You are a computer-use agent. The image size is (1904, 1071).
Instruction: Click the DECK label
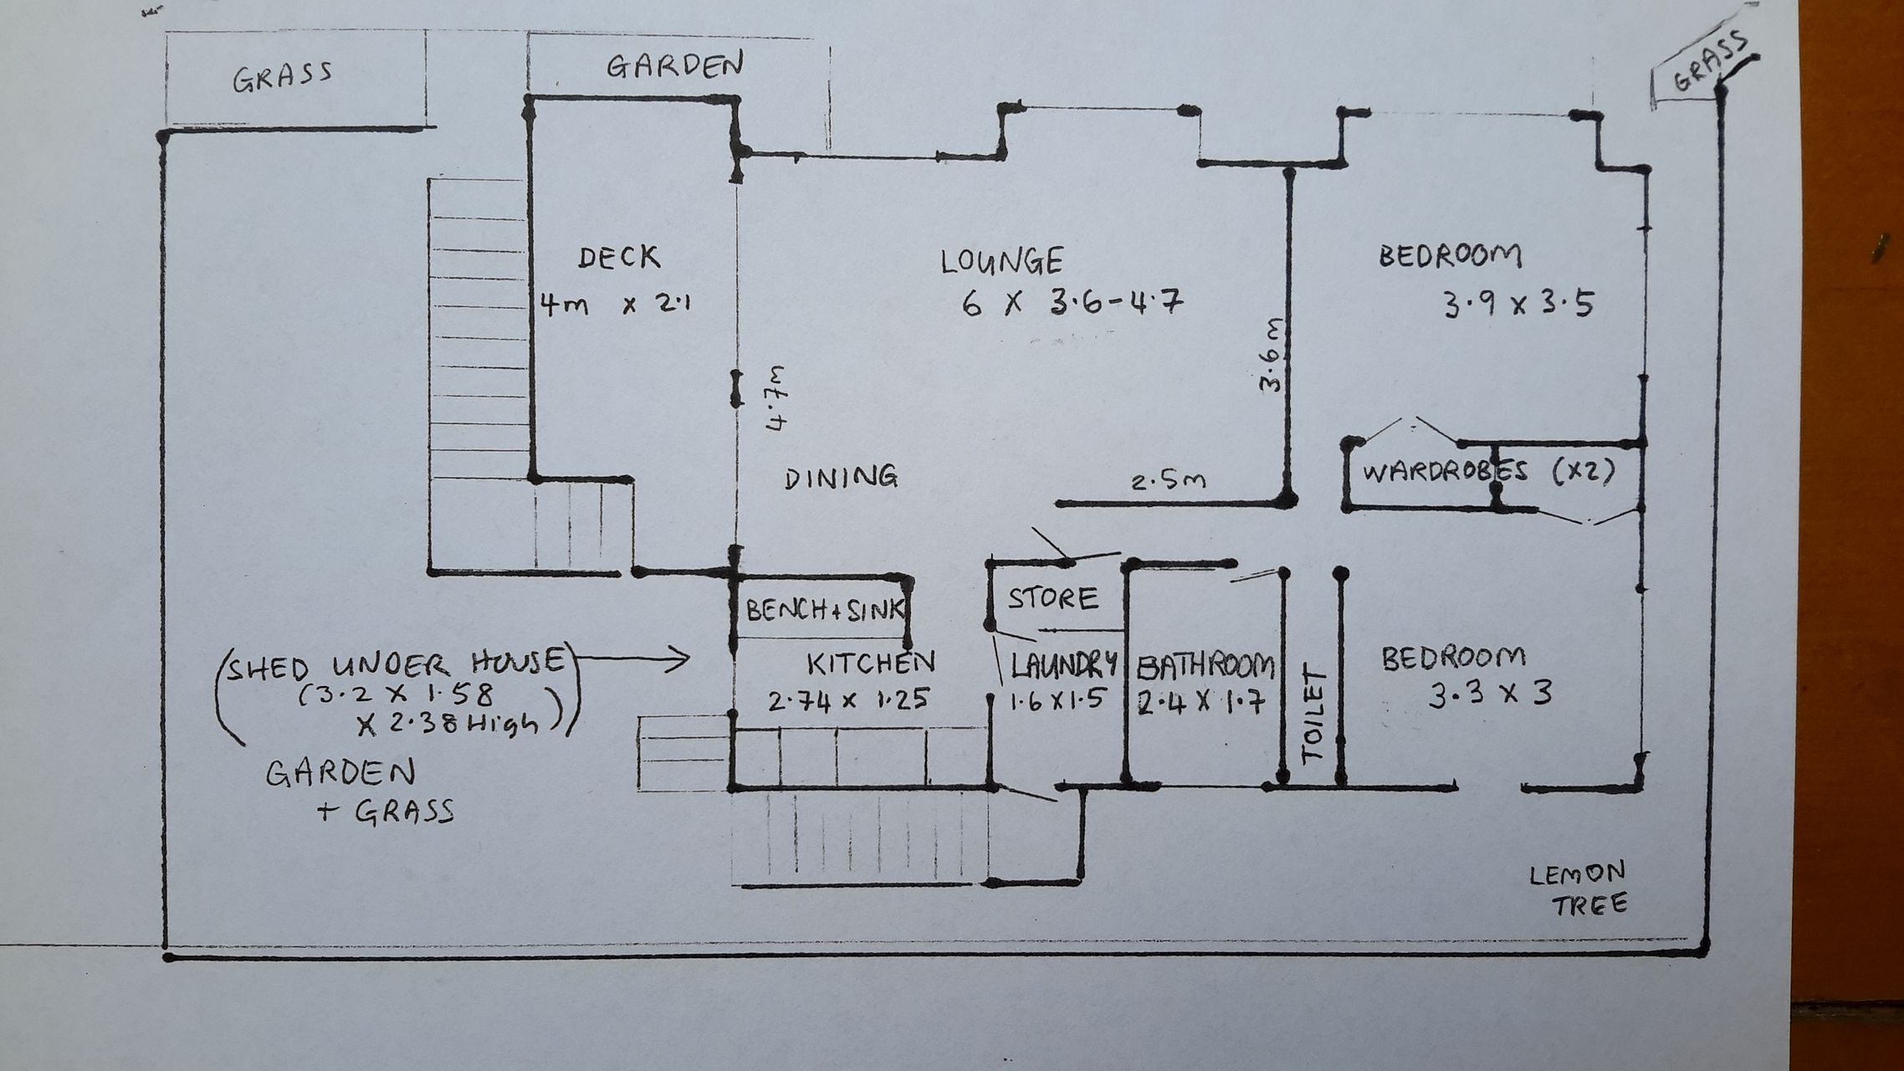[619, 257]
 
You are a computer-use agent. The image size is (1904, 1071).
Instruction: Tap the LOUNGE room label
[1001, 261]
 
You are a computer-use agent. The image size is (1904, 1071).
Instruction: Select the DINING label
[842, 477]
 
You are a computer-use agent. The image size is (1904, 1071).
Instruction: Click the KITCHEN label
[870, 663]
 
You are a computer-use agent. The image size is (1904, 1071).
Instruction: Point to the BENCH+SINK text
[824, 610]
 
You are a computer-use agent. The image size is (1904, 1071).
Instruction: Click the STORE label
[1052, 598]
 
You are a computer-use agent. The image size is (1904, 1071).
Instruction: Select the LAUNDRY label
[1063, 665]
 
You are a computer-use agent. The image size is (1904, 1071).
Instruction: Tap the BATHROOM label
[1205, 667]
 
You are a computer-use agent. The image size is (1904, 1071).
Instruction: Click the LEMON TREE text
[1578, 889]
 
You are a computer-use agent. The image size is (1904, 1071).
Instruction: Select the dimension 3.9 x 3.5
[1518, 305]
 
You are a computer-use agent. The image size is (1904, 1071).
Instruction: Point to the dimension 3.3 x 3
[1489, 694]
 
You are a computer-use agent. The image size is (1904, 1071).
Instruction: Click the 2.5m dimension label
[1169, 482]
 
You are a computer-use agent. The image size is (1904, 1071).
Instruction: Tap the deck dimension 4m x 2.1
[615, 305]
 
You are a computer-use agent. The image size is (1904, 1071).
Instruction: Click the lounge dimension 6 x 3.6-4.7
[1072, 303]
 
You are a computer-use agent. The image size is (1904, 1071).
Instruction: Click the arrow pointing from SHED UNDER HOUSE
[632, 660]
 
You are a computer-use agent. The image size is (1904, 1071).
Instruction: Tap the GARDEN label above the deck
[674, 65]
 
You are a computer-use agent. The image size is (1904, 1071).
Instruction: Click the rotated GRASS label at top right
[1710, 62]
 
